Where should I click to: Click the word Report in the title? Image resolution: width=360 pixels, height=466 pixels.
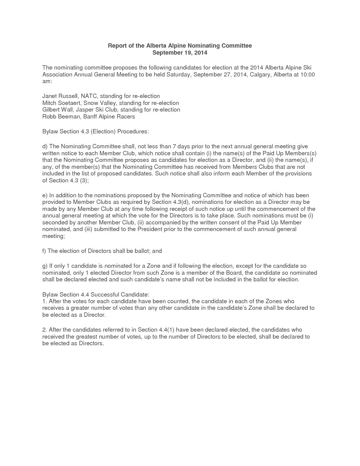pyautogui.click(x=116, y=46)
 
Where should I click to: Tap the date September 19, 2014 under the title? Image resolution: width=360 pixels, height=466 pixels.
pyautogui.click(x=180, y=53)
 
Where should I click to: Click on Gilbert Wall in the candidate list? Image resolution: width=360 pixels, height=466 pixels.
pyautogui.click(x=58, y=110)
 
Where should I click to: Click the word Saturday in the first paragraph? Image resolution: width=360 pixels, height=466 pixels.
pyautogui.click(x=178, y=74)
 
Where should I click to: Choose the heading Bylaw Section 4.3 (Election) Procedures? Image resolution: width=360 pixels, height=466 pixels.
pyautogui.click(x=96, y=131)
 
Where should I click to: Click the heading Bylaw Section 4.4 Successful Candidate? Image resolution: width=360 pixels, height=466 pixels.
pyautogui.click(x=96, y=294)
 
